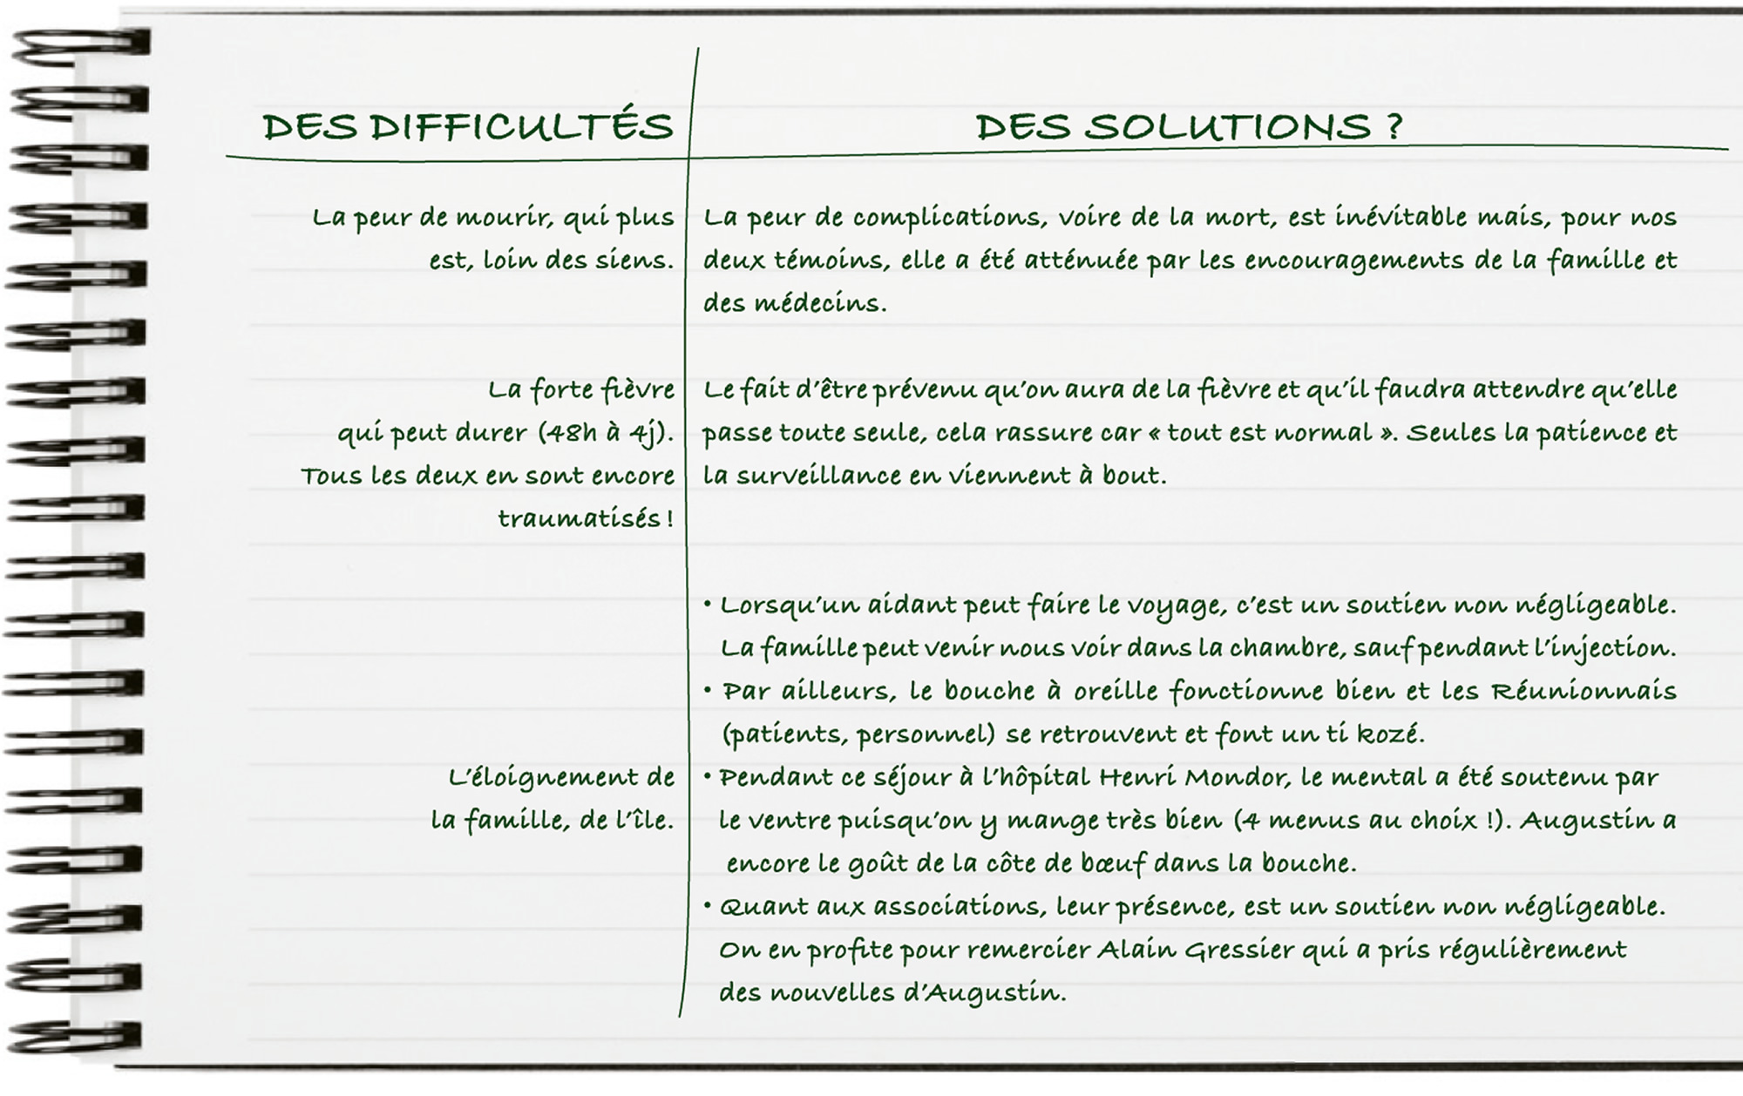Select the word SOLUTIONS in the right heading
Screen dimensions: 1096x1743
click(1228, 127)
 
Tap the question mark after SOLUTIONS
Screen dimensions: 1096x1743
click(1392, 127)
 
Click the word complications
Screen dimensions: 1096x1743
click(948, 218)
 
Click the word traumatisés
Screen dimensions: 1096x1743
click(580, 519)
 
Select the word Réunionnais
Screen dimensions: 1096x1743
click(1584, 692)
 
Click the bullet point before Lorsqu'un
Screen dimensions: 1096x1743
click(708, 604)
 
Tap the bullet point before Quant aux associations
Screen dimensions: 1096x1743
click(708, 906)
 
